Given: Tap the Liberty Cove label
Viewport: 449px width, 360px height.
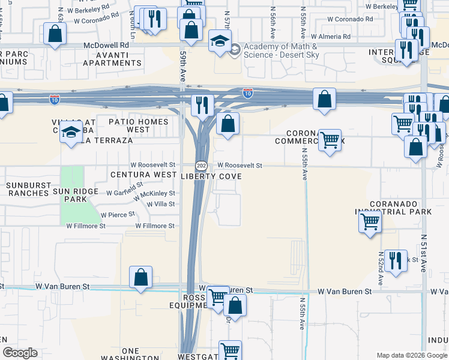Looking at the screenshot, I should (x=212, y=176).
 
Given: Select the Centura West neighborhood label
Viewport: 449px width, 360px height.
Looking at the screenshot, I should (x=143, y=175).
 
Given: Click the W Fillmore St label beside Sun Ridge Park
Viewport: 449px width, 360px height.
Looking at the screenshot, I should (x=86, y=226).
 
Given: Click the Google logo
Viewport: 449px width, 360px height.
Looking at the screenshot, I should (x=20, y=353).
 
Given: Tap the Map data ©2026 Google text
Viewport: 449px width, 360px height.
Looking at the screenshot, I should (x=411, y=355).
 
